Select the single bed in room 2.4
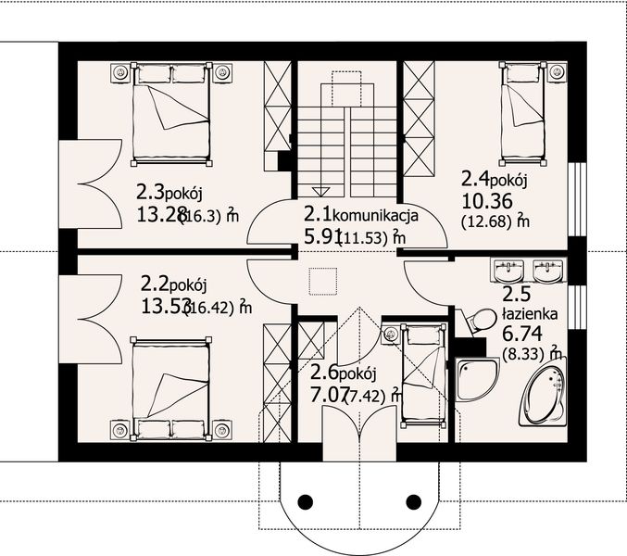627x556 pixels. (x=523, y=100)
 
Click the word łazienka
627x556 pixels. (x=530, y=315)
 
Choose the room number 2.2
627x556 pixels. (x=157, y=281)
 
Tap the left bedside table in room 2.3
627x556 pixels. (x=120, y=71)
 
